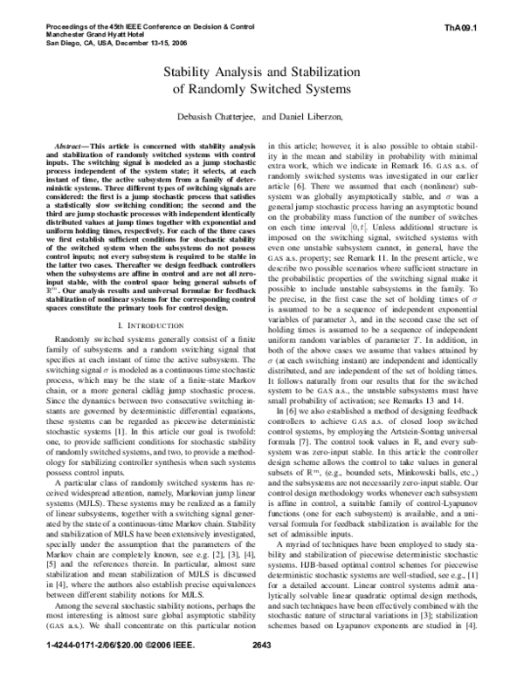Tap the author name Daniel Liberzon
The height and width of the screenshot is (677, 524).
[306, 114]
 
